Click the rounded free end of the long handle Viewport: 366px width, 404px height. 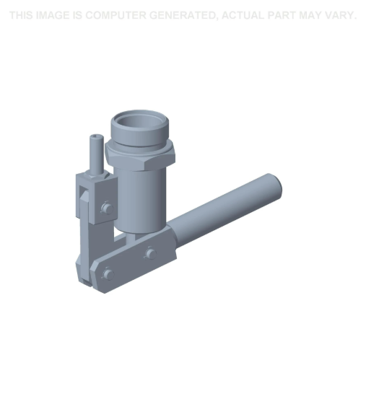click(273, 184)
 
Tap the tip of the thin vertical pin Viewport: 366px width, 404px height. click(93, 138)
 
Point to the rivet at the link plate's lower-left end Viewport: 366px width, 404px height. click(108, 273)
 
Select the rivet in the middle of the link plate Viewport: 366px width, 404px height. click(149, 253)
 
